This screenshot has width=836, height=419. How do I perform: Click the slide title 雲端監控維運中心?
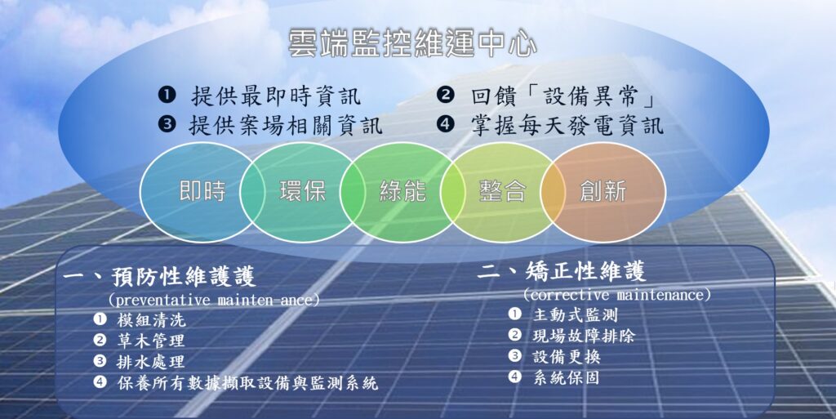pos(412,44)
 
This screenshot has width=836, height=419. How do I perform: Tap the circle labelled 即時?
pos(202,192)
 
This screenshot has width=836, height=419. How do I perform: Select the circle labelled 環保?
pos(302,192)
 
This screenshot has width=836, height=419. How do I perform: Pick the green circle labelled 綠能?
pos(402,192)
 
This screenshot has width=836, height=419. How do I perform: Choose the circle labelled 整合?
pos(503,192)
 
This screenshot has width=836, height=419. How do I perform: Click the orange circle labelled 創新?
pos(603,192)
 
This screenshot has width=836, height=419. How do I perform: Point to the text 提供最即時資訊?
pos(276,96)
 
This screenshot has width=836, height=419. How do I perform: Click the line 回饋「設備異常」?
pos(563,96)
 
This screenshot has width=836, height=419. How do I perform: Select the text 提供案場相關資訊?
pos(286,126)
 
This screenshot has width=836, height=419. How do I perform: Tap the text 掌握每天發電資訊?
pos(567,126)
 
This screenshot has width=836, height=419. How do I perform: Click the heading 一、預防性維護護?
pos(159,277)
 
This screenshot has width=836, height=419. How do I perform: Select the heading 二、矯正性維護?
pos(562,271)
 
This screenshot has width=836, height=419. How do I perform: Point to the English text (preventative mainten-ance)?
pos(214,300)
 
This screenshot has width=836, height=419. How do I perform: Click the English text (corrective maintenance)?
pos(617,294)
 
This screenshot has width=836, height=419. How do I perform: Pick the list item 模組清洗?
pos(151,320)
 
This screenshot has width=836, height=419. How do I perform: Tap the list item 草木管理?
pos(151,341)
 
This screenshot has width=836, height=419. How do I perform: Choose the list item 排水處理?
pos(151,362)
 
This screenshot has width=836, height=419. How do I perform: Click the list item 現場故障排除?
pos(584,336)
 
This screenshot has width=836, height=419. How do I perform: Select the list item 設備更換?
pos(567,357)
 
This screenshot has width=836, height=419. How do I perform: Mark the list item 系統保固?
pos(567,377)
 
